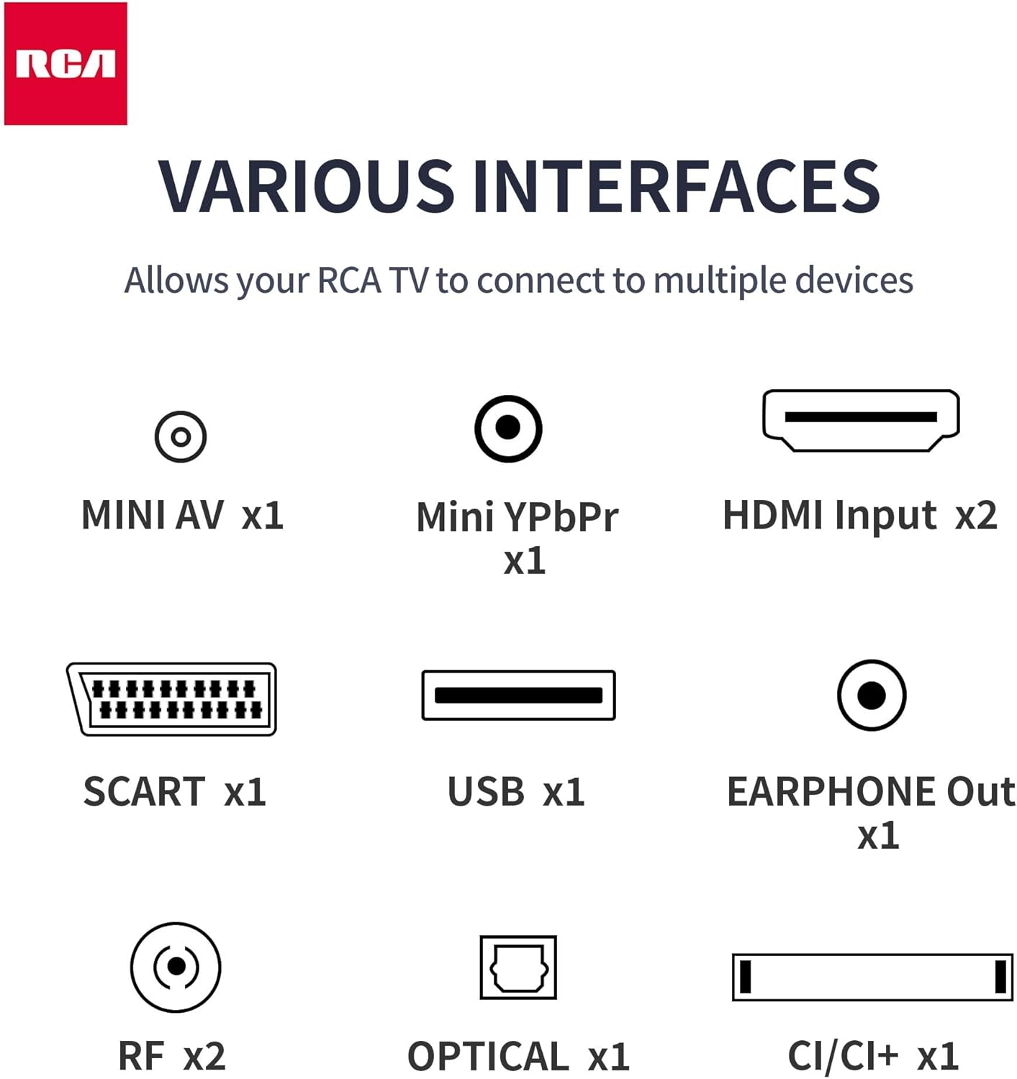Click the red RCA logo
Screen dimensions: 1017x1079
(x=65, y=63)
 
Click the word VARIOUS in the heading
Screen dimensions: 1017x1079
(x=306, y=187)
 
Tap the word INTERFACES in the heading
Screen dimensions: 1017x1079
(x=676, y=187)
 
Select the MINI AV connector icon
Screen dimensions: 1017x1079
(x=181, y=437)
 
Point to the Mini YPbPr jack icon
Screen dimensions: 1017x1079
(x=508, y=429)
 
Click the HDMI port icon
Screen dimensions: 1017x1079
(x=861, y=421)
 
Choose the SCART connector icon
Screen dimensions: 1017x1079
(x=172, y=699)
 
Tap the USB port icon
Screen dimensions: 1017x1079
(x=519, y=696)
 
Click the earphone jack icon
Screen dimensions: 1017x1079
(x=872, y=696)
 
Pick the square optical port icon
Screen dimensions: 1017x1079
(x=518, y=968)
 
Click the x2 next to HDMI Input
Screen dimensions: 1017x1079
(x=976, y=515)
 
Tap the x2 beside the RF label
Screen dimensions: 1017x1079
(x=204, y=1057)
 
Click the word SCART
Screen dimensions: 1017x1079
(x=144, y=791)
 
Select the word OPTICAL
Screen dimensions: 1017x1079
(x=489, y=1057)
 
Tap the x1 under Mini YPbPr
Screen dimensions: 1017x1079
(x=525, y=561)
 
